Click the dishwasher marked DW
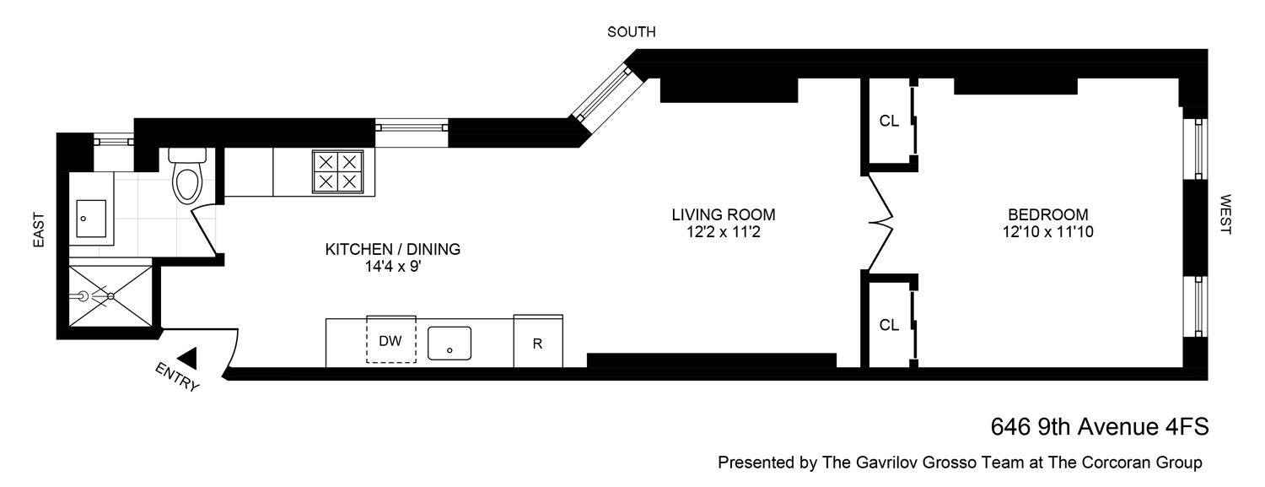(390, 340)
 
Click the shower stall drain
(110, 296)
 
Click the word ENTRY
(178, 377)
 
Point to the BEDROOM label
(1047, 214)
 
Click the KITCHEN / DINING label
(393, 250)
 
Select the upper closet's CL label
(889, 121)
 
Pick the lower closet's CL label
(889, 325)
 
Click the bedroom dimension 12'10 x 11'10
(1047, 231)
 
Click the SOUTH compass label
(632, 32)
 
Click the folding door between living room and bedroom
(879, 224)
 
